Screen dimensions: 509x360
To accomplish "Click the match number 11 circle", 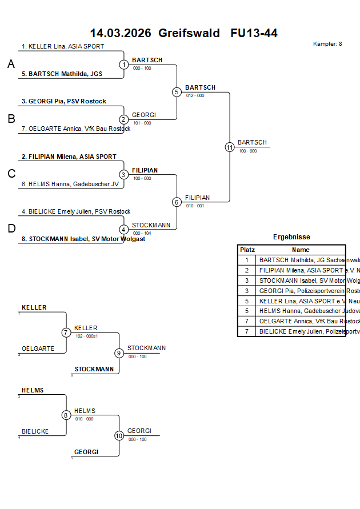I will click(x=230, y=147).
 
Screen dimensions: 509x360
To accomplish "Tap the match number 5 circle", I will click(x=177, y=92).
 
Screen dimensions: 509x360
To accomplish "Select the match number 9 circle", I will click(x=119, y=353).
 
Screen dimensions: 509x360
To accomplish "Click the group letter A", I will click(x=11, y=65).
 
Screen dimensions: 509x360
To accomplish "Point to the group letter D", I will click(x=11, y=229).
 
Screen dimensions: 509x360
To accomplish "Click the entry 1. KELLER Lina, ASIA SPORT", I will click(x=63, y=46).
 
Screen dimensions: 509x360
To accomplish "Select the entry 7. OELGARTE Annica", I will click(x=76, y=129).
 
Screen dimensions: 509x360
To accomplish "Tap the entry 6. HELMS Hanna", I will click(x=70, y=184).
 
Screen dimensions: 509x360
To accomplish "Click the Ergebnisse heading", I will click(x=291, y=237).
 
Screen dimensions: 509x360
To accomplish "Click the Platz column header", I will click(x=247, y=250).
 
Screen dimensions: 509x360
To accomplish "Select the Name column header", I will click(x=301, y=250).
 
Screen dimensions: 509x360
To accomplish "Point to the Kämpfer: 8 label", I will click(x=327, y=44).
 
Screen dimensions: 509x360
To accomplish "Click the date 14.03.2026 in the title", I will click(x=121, y=33).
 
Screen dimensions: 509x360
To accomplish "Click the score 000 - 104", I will click(x=141, y=233).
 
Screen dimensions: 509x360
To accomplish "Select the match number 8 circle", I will click(x=66, y=415).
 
